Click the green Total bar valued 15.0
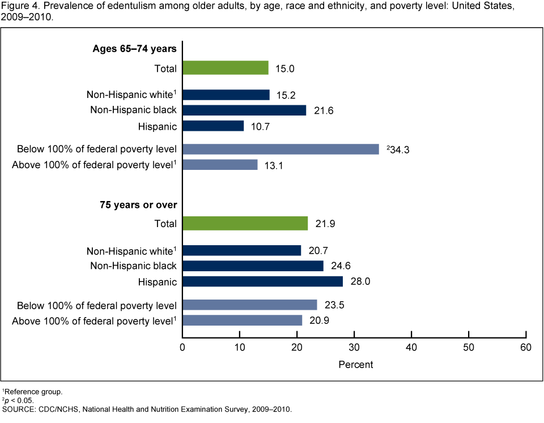(x=226, y=68)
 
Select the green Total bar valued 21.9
(x=245, y=224)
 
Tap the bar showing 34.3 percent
(x=280, y=149)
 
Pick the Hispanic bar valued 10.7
(x=213, y=126)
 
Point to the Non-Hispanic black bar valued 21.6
(x=244, y=110)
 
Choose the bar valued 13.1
(x=220, y=165)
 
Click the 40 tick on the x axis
(x=411, y=347)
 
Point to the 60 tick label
(x=526, y=347)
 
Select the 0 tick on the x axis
(x=182, y=347)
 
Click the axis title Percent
(x=355, y=365)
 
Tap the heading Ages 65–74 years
(x=135, y=49)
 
